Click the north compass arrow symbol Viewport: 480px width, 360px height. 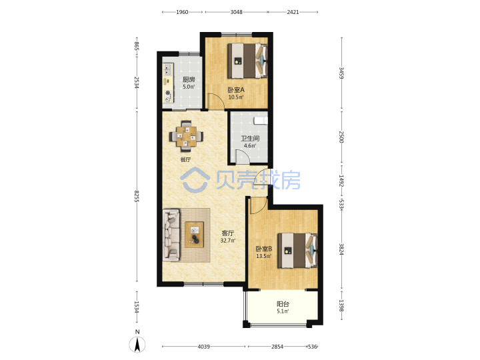tap(137, 345)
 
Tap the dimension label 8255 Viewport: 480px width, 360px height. tap(137, 195)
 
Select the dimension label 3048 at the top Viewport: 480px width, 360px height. tap(236, 12)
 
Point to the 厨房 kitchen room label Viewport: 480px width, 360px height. tap(189, 79)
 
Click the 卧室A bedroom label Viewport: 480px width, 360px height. tap(236, 90)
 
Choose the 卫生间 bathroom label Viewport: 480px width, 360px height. tap(250, 139)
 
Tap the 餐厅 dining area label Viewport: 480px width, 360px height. tap(185, 159)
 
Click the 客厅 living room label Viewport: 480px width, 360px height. tap(227, 233)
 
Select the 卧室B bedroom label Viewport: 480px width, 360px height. tap(264, 249)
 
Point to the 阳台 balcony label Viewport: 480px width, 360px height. tap(283, 304)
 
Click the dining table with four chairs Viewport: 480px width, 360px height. tap(186, 136)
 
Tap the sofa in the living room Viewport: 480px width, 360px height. tap(171, 235)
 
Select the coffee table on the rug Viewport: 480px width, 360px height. tap(194, 235)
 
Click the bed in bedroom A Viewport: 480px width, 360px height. tap(247, 61)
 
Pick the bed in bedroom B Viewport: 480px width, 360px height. tap(297, 251)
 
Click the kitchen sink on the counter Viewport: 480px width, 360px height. tap(167, 69)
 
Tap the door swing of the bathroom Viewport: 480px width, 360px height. tap(243, 156)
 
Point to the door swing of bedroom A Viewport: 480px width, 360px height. tap(216, 101)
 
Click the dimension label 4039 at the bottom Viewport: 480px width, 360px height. tap(203, 347)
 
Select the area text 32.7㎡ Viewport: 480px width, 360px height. tap(228, 241)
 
